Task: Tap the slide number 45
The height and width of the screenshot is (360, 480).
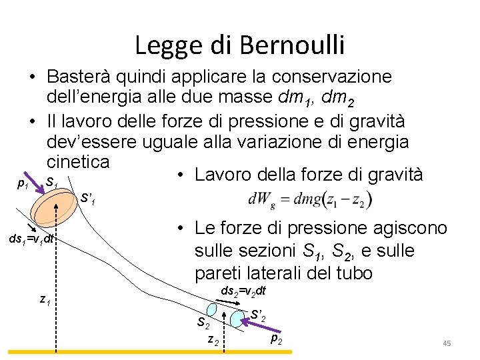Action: [447, 343]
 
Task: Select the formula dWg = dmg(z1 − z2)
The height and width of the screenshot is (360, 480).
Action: [310, 199]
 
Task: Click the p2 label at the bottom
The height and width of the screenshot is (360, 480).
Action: [276, 339]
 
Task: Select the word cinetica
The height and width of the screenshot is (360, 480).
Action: [78, 162]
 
